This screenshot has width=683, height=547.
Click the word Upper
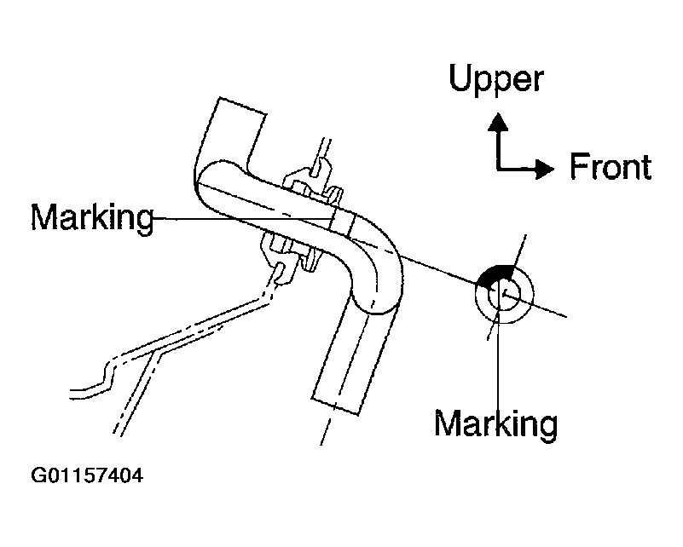point(495,78)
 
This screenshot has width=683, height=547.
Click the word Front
point(611,167)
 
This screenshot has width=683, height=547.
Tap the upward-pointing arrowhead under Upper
point(498,123)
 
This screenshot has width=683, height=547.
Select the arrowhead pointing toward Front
point(544,169)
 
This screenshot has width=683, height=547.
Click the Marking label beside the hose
point(92,217)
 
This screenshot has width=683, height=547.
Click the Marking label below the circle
point(495,423)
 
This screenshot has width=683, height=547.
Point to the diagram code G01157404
point(87,475)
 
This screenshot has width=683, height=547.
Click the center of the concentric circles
point(504,294)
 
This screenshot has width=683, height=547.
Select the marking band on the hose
point(343,221)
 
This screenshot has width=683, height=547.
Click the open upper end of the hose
point(242,106)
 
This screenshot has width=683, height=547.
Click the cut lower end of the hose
point(335,406)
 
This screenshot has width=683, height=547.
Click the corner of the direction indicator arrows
point(498,169)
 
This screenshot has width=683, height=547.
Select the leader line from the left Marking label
point(243,218)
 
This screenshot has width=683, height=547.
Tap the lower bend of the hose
point(378,283)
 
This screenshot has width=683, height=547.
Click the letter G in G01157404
point(38,475)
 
